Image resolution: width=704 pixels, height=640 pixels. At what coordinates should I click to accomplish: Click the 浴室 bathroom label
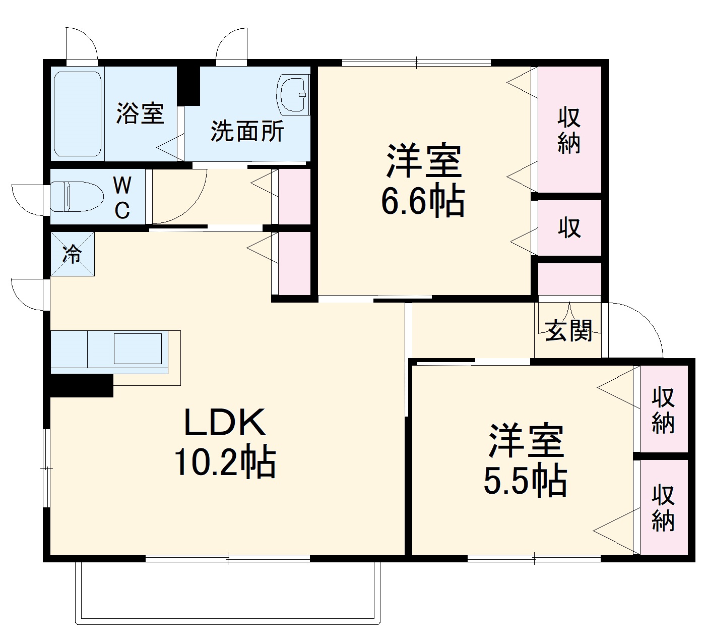point(140,113)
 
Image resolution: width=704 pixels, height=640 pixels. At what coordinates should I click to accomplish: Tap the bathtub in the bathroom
point(78,113)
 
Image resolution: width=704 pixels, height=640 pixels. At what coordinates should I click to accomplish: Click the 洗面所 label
point(247,132)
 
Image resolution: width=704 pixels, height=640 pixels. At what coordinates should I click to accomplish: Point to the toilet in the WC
point(75,196)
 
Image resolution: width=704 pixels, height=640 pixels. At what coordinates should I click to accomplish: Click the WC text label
point(122,198)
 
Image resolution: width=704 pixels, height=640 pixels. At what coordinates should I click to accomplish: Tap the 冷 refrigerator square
point(72,254)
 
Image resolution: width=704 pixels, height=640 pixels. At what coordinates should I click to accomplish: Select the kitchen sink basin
point(138,348)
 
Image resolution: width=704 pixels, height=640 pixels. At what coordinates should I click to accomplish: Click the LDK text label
point(225,423)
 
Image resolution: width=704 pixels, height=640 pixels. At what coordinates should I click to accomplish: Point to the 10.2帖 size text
point(225,462)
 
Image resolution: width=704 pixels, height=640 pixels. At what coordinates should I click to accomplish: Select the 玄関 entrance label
point(569,331)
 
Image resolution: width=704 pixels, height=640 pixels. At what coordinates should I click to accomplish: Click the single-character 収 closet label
point(569,228)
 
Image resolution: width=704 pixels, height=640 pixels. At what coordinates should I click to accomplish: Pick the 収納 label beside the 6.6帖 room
point(569,130)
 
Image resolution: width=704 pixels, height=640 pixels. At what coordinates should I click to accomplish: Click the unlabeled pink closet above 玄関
point(569,278)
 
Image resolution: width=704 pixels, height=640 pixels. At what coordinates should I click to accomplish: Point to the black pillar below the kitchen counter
point(81,386)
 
